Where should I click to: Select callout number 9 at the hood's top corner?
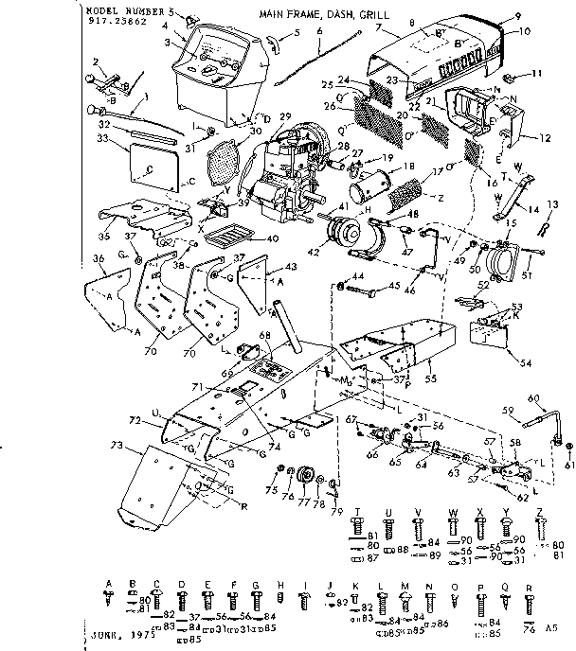coord(518,16)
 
